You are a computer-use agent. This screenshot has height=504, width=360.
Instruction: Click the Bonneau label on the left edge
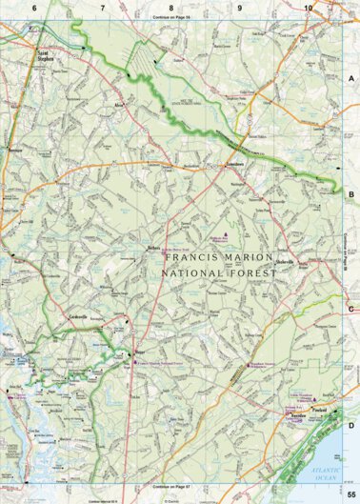[13, 151]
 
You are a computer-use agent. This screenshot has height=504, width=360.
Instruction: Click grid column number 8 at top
[171, 8]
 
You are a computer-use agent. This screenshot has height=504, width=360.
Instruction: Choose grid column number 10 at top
[308, 8]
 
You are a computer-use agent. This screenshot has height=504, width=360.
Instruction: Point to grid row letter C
[351, 308]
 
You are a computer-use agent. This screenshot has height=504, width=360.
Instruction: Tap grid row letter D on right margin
[351, 425]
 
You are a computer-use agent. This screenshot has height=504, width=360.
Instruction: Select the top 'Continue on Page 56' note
[171, 17]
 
